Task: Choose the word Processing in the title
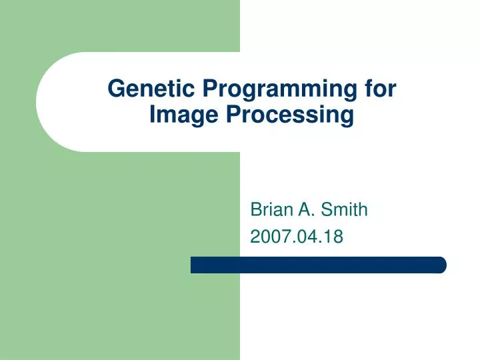click(290, 115)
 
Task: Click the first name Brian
click(269, 211)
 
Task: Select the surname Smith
click(344, 211)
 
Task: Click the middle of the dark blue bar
click(318, 265)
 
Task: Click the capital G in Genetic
click(115, 89)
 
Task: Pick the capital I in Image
click(153, 115)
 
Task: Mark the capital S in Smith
click(326, 211)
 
